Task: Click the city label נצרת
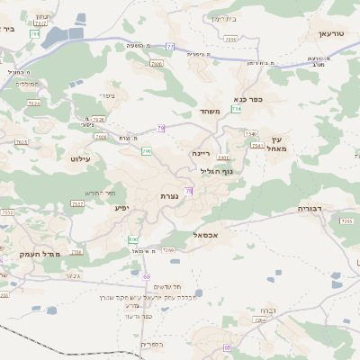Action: [167, 195]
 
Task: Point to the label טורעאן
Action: [331, 33]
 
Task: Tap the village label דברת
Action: [267, 310]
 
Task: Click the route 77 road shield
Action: [170, 45]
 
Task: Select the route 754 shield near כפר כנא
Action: [237, 108]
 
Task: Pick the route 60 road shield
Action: [146, 276]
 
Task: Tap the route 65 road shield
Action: [228, 347]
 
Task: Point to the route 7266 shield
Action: [167, 249]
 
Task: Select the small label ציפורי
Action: [107, 97]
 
